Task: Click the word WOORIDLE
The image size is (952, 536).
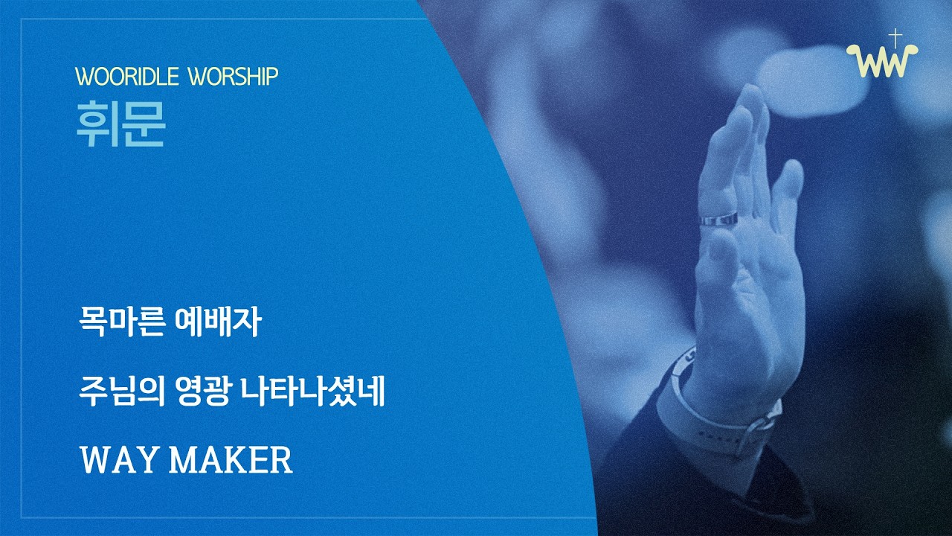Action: [x=125, y=76]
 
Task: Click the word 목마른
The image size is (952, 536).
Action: [x=120, y=325]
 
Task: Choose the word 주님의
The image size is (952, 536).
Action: [x=120, y=393]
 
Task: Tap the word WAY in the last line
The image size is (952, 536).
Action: [x=119, y=461]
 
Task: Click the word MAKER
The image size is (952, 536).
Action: [x=231, y=461]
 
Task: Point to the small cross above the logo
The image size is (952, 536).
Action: [x=896, y=37]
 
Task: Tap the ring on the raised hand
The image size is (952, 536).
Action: [x=718, y=220]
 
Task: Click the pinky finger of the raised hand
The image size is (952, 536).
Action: [x=788, y=186]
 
